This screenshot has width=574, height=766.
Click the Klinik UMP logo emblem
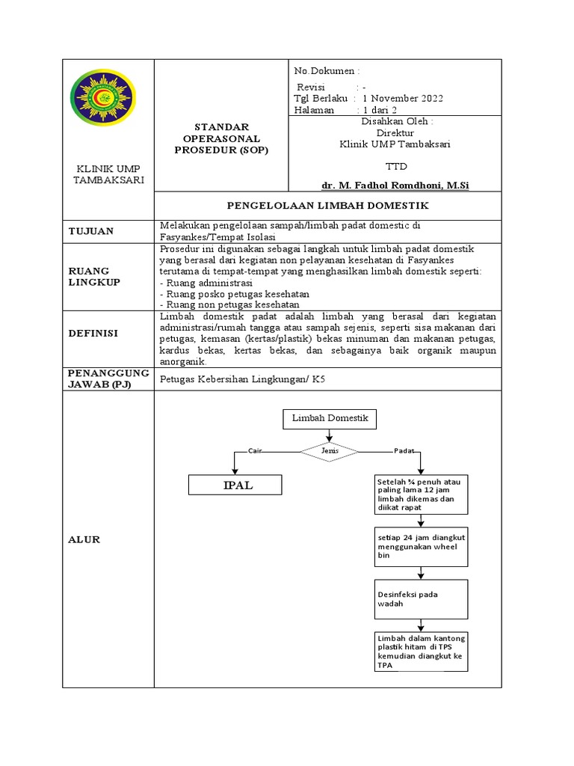tap(102, 102)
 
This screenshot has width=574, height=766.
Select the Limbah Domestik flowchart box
tap(330, 419)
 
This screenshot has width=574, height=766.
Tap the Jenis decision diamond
tap(330, 451)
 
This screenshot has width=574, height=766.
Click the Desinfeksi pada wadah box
tap(421, 598)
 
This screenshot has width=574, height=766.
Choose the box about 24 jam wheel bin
tap(421, 547)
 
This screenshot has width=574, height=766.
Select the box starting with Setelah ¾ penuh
tap(421, 494)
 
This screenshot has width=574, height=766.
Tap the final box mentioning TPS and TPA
tap(421, 651)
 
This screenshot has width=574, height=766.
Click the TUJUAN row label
tap(90, 231)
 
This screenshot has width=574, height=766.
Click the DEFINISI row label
tap(93, 334)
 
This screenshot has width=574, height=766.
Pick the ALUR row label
tap(84, 539)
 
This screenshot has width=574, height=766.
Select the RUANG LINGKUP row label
tap(89, 276)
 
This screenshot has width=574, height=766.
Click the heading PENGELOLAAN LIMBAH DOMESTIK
tap(327, 204)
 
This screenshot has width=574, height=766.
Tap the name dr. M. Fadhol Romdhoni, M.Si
tap(395, 185)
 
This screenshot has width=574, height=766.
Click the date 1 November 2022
tap(403, 98)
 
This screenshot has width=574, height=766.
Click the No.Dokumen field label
tap(326, 71)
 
